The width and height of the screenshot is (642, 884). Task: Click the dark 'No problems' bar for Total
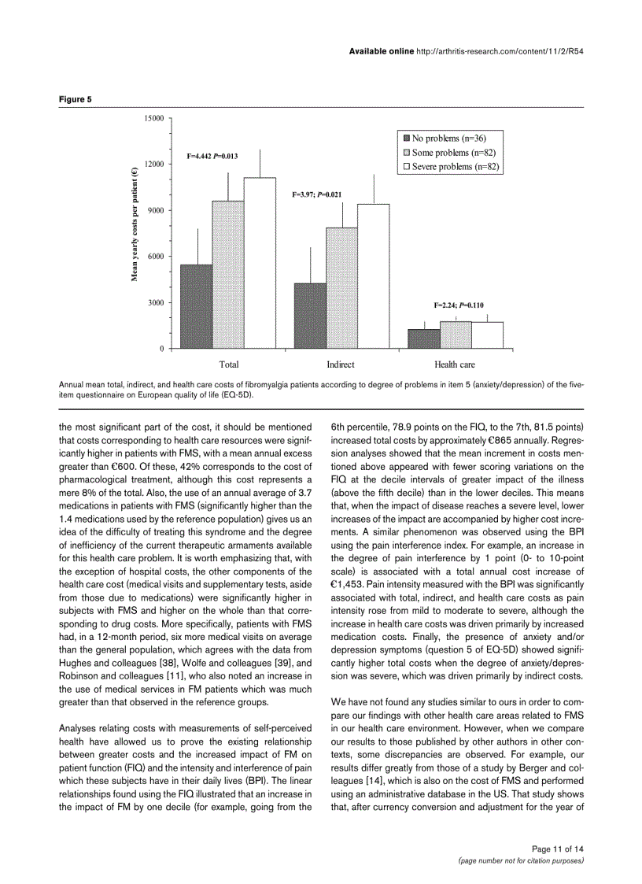[x=197, y=307]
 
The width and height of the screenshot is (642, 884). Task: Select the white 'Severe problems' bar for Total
[x=260, y=264]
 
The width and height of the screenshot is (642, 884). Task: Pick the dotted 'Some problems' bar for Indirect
[x=341, y=288]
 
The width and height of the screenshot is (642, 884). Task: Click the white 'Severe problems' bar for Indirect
[x=373, y=276]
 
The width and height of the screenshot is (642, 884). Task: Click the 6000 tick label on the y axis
[x=155, y=257]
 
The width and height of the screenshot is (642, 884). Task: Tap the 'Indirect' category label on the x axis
[x=341, y=364]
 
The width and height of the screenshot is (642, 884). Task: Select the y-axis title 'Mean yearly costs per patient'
[x=134, y=224]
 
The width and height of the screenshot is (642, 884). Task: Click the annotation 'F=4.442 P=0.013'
[x=212, y=156]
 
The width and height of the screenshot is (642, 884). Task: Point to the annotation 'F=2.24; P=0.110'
[x=459, y=305]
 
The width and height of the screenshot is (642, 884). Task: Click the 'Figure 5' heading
[x=76, y=100]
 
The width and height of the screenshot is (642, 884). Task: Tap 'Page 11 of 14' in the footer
[x=558, y=849]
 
